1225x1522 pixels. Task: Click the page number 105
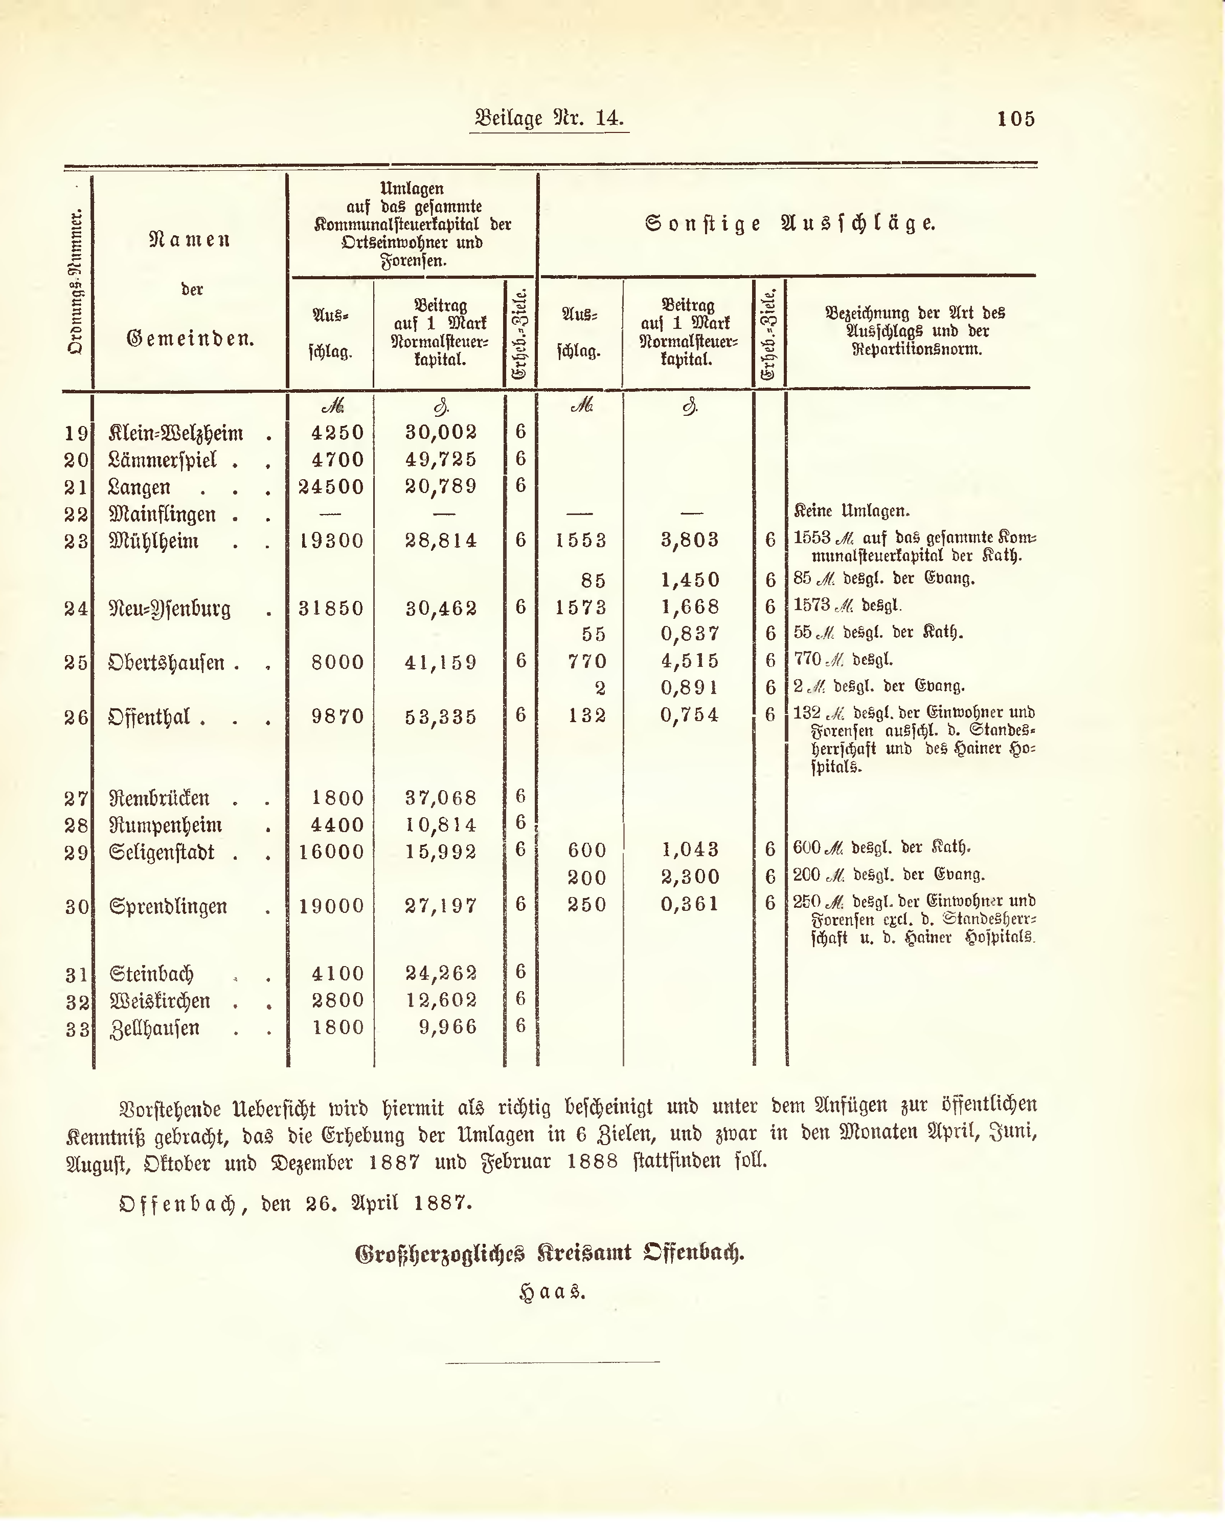[1015, 119]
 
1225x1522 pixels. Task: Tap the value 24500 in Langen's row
[331, 487]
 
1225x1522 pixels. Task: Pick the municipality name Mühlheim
[154, 542]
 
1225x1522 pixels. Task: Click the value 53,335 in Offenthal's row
[441, 717]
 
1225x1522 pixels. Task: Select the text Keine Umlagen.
[852, 510]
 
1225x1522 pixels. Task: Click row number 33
[77, 1029]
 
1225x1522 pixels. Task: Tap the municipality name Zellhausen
[154, 1028]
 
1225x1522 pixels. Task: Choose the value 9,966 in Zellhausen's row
[448, 1026]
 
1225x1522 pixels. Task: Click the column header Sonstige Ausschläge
[789, 224]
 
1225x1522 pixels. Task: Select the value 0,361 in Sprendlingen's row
[689, 904]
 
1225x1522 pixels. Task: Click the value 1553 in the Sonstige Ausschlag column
[581, 541]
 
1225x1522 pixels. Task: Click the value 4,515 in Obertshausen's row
[689, 661]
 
